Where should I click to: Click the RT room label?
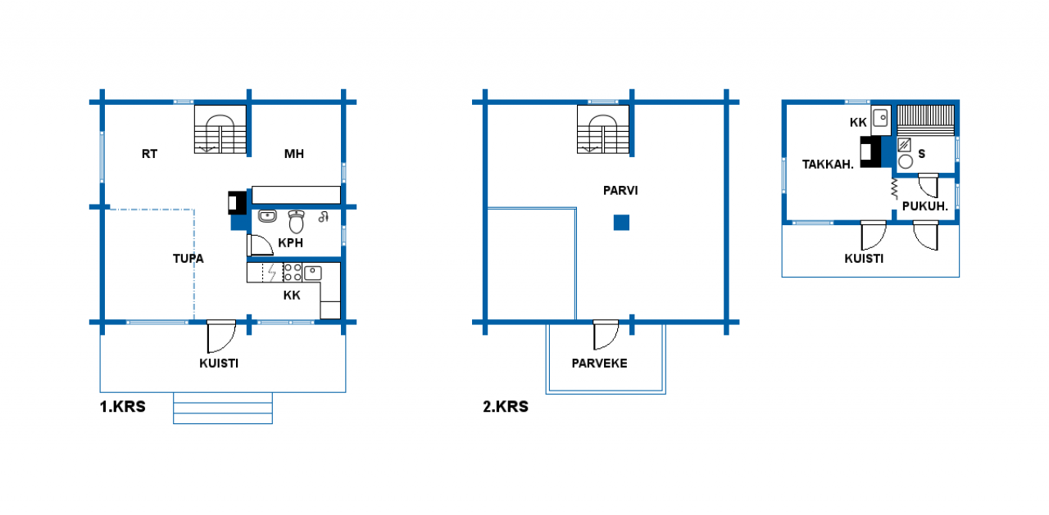coord(149,154)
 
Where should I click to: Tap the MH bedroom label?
coord(294,154)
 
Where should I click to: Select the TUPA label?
coord(188,259)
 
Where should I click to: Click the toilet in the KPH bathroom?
coord(296,222)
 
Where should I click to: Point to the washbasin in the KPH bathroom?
coord(267,217)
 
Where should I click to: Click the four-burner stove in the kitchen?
coord(293,272)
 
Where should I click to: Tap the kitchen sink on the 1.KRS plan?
coord(312,273)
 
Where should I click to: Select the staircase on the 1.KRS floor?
coord(220,129)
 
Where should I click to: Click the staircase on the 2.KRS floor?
coord(603,129)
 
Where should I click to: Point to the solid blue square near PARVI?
coord(621,223)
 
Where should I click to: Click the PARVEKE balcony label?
coord(599,364)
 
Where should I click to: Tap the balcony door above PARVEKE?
coord(606,335)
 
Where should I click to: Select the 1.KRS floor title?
coord(123,406)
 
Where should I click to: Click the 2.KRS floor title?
coord(506,406)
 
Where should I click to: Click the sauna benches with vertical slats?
coord(925,120)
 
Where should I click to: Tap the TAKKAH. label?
coord(828,165)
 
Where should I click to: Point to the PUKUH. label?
coord(925,206)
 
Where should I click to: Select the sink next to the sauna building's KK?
coord(881,117)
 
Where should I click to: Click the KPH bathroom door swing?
coord(260,245)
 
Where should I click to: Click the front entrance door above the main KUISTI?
coord(221,337)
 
